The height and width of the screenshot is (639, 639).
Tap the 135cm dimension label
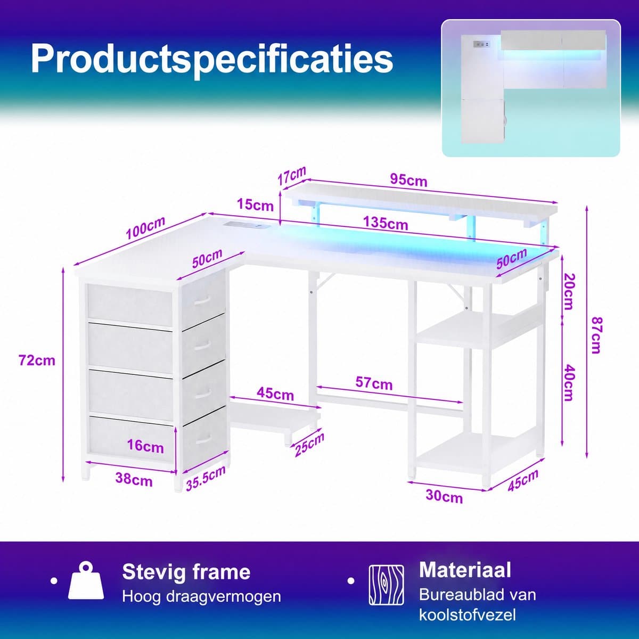[386, 223]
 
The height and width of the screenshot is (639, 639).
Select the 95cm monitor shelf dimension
[408, 180]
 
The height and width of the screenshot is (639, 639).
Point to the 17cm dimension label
[291, 176]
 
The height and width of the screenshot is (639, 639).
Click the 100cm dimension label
[145, 228]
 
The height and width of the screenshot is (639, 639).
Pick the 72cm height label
[37, 360]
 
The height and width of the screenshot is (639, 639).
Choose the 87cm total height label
[596, 335]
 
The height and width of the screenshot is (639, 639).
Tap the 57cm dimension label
[374, 383]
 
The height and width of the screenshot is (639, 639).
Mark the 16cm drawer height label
[145, 446]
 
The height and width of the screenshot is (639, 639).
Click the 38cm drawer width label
[134, 479]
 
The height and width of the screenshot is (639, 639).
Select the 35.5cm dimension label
[206, 478]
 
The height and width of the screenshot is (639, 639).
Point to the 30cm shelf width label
[444, 496]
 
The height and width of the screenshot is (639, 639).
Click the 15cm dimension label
[256, 205]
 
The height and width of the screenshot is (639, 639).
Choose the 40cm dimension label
[569, 382]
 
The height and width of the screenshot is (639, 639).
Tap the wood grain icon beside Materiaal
[386, 585]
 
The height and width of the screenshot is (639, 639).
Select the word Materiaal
[465, 570]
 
